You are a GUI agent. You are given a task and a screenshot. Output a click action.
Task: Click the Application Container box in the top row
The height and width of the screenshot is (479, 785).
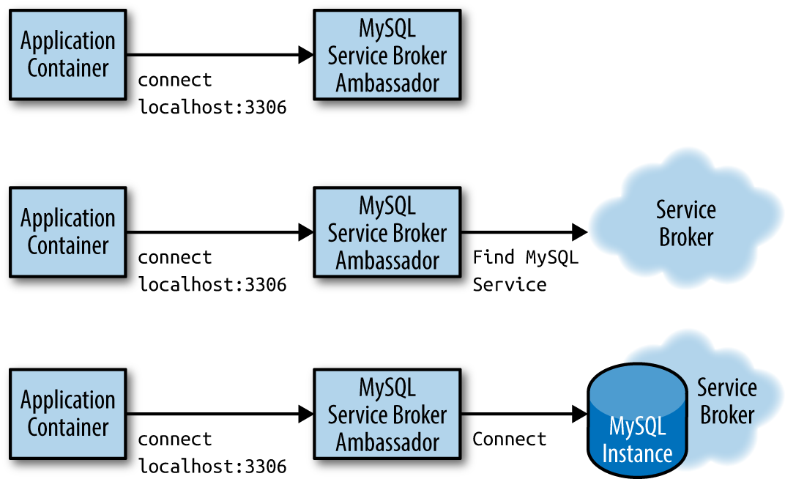pos(67,54)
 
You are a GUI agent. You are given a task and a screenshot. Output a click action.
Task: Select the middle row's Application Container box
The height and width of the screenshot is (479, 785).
pos(67,232)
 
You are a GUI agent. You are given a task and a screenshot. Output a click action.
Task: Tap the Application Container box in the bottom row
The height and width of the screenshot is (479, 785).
pos(67,414)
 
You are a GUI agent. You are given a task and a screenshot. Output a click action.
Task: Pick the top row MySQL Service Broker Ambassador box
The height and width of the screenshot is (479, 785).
pos(387,54)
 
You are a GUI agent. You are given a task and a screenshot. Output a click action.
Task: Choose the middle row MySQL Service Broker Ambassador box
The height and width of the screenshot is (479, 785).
pos(387,232)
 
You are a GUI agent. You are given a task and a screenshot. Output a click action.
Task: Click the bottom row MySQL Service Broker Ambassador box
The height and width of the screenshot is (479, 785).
pos(387,414)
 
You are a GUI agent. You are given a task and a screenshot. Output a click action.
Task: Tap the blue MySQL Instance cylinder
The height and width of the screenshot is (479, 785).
pos(637,420)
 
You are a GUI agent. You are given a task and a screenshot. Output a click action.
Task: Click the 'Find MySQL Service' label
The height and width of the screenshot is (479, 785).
pos(525,271)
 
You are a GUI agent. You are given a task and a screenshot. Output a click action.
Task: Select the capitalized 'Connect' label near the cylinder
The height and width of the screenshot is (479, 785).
pos(510,439)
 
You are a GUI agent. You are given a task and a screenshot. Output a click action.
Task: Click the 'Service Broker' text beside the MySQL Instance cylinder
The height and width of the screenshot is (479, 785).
pos(727,401)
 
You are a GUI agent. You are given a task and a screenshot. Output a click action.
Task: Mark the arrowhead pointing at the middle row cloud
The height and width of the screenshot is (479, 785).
pos(580,232)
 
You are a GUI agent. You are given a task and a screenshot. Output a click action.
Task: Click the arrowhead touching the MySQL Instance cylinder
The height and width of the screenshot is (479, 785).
pos(580,414)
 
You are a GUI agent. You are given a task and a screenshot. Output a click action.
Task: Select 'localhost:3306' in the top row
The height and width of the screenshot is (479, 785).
pos(212,107)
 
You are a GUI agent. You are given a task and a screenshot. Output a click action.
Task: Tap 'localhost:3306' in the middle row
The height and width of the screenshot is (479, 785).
pos(212,285)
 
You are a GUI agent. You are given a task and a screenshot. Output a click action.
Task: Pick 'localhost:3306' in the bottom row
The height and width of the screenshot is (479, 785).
pos(212,467)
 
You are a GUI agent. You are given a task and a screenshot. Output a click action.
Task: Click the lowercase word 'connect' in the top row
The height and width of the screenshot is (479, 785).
pos(175,80)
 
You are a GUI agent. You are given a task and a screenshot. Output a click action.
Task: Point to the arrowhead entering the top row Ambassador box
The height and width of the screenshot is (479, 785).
pos(306,54)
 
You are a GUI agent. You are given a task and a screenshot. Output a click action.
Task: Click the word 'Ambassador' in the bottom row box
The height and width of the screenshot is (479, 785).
pos(387,442)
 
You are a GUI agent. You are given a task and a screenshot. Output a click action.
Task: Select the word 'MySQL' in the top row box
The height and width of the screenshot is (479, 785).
pos(387,29)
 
